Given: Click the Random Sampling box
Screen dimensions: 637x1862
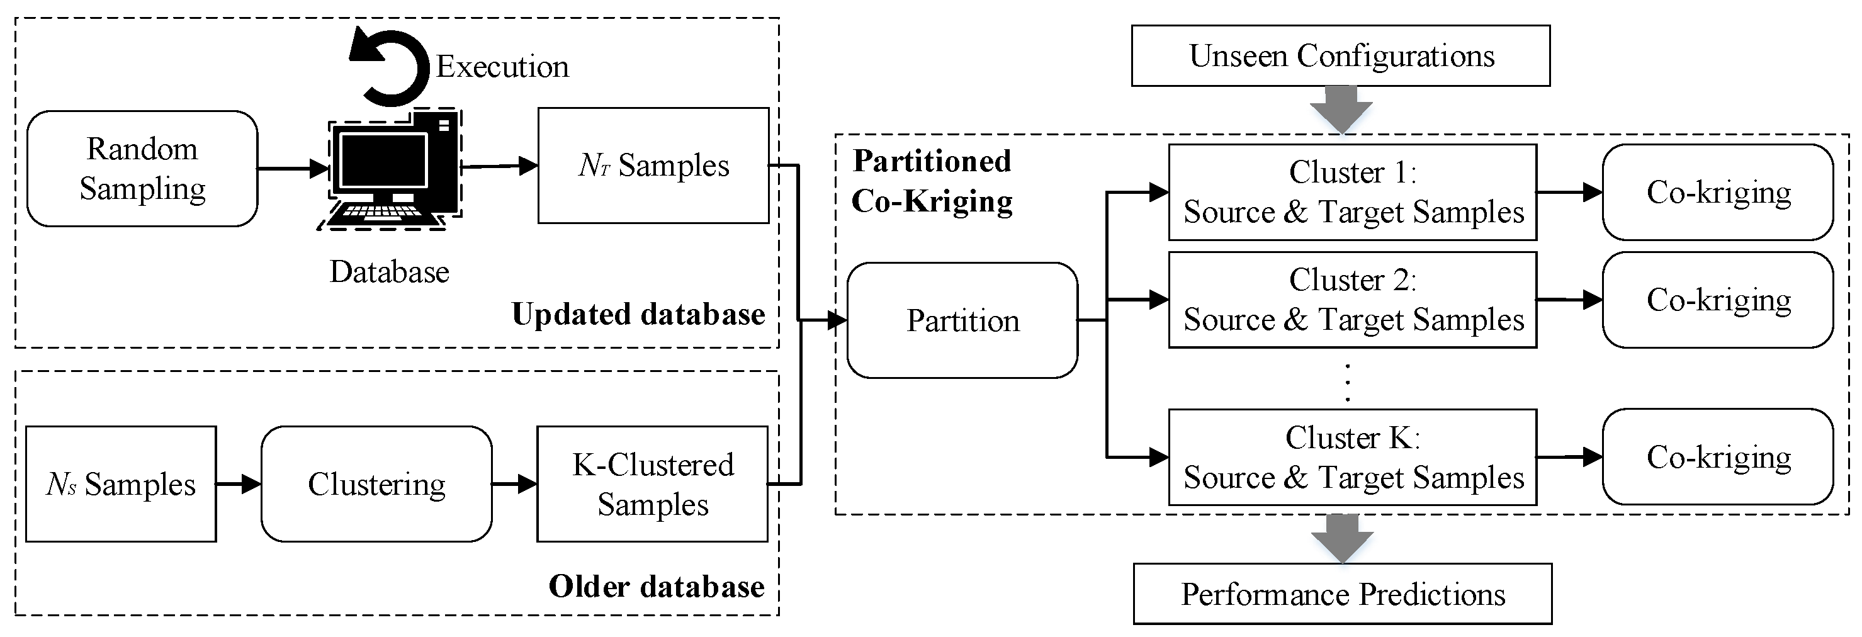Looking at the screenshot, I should click(142, 169).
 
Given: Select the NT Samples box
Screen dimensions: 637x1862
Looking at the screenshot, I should click(653, 166).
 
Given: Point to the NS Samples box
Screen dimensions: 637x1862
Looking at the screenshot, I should click(121, 483).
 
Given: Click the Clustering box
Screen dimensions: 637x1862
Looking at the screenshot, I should click(376, 483).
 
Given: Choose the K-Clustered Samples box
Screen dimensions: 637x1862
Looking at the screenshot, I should click(652, 483).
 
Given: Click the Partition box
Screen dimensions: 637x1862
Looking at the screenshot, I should click(962, 320).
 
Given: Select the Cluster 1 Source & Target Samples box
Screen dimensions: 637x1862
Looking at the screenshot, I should click(1352, 193).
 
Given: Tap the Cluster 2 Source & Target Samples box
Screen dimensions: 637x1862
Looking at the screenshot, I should click(1352, 300).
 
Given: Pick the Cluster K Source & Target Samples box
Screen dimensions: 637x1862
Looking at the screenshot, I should click(1352, 457).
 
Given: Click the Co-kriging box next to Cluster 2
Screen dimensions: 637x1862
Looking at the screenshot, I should click(1717, 300).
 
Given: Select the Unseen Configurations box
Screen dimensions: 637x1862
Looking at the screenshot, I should click(1341, 55).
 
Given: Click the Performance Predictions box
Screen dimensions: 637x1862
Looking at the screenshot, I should click(1342, 594).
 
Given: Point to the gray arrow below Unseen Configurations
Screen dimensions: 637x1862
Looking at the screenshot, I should click(1341, 109).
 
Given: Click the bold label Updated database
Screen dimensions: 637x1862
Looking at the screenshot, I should click(638, 315).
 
